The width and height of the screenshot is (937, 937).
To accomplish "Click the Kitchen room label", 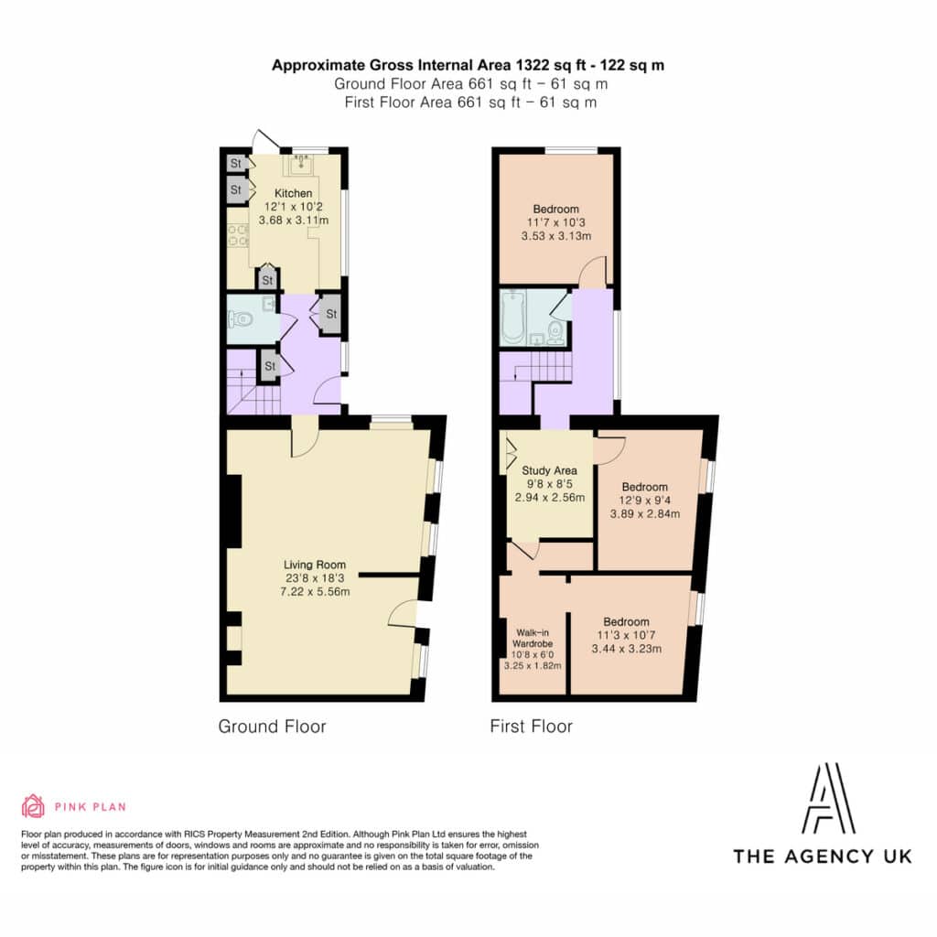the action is point(293,193).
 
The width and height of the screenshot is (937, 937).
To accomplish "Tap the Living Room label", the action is point(315,565).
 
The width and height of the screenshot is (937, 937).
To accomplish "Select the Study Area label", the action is point(549,471).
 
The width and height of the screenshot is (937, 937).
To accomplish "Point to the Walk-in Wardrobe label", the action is point(533,638).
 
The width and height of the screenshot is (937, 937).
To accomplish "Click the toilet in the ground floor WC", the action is point(241,319).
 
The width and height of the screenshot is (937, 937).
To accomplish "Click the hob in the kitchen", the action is point(238,235).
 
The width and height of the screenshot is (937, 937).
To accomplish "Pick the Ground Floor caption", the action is point(272,726).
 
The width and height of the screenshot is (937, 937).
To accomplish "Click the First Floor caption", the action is point(532,726).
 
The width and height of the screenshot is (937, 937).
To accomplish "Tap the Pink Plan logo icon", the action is point(33,806).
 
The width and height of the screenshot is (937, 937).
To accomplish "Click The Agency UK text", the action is point(823,856).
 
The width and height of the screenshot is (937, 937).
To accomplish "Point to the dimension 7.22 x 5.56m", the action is point(315,592).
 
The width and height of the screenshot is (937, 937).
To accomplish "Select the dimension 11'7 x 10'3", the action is point(555,222).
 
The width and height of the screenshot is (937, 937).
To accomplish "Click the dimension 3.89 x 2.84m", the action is point(645,513).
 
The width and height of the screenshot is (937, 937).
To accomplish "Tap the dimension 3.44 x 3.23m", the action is point(626,649).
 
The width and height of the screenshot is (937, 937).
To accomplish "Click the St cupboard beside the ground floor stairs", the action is point(270,366).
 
